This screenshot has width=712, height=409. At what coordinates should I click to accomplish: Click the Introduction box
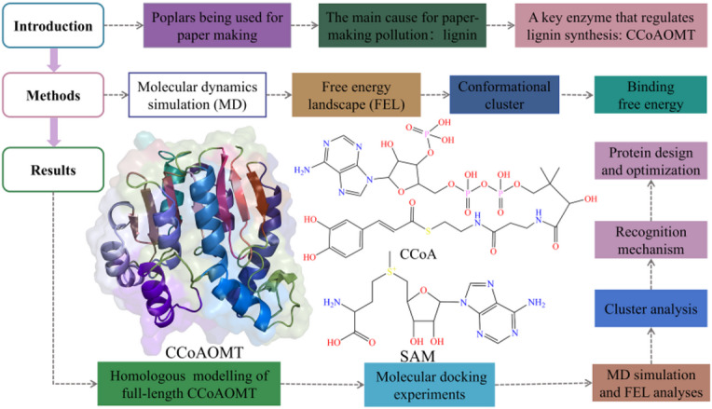point(53,25)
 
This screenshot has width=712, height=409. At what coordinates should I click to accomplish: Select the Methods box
point(53,95)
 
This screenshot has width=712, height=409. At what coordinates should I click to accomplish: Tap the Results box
point(53,170)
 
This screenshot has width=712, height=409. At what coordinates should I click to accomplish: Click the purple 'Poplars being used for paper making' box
point(217,25)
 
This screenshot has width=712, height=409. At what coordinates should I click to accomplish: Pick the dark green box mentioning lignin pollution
point(403,25)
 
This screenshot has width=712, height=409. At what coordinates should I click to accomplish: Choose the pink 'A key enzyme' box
point(610,25)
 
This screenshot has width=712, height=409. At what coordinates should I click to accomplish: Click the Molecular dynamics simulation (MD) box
point(198,95)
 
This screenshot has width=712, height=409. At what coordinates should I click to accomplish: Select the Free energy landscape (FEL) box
point(356,95)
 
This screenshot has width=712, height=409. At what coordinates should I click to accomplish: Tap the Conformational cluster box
point(504,95)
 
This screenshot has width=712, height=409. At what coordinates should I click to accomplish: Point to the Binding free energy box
point(650,95)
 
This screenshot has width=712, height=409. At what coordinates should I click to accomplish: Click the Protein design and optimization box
point(650,160)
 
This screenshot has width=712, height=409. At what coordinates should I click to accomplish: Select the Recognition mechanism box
point(650,240)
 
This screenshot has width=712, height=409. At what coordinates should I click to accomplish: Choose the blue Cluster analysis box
point(650,308)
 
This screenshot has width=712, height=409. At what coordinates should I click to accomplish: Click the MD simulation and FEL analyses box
point(650,383)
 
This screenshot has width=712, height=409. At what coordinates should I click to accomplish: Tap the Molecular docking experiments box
point(430,385)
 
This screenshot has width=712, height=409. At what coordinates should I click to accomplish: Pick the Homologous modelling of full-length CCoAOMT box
point(189,384)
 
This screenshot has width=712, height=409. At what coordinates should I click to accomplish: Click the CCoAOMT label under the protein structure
point(204,352)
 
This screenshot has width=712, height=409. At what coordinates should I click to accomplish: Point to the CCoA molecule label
point(418,253)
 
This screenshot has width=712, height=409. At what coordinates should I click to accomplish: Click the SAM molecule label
point(418,356)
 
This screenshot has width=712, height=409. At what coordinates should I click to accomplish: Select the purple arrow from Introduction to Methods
point(53,60)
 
